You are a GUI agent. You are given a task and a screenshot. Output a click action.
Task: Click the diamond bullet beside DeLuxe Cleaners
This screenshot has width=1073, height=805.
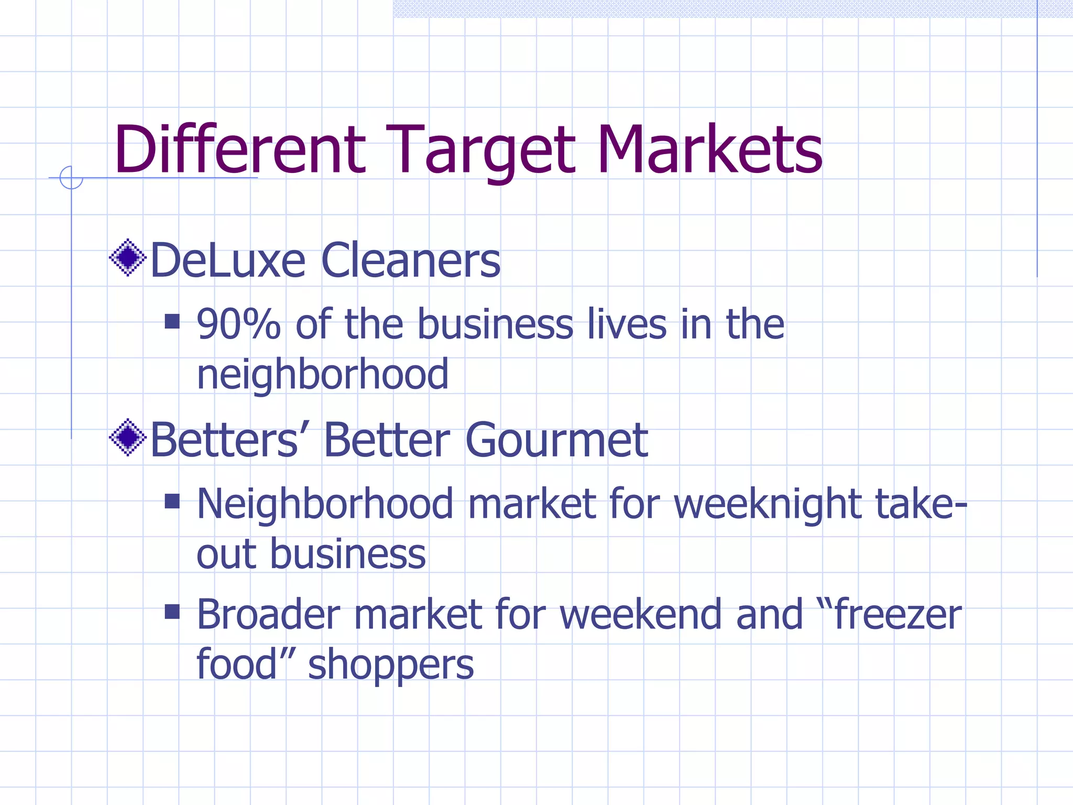coord(127,257)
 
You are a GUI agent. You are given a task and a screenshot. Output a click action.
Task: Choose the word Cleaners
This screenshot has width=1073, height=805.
coord(411,260)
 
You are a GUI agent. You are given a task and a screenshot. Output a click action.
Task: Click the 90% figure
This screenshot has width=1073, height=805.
coord(238,324)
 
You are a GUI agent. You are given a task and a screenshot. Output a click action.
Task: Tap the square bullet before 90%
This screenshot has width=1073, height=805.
coord(172,321)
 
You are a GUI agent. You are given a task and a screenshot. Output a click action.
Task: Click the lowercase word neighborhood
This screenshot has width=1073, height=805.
coord(323,375)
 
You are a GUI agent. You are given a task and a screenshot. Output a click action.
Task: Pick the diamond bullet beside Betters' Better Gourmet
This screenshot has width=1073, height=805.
coord(127,437)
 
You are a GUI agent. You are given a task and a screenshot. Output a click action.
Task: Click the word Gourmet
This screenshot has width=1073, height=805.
coord(556,440)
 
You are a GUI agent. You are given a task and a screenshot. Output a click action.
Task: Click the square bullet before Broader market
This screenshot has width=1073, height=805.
coord(172,611)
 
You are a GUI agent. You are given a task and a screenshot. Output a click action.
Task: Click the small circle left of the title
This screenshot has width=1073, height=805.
coord(71,178)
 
